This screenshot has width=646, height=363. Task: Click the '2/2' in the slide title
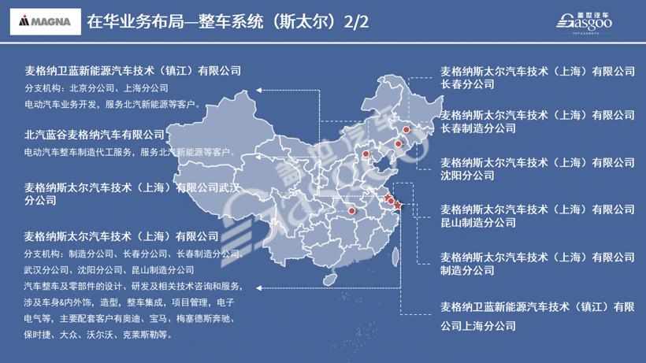coord(357,22)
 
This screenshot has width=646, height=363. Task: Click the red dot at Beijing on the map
coord(366,154)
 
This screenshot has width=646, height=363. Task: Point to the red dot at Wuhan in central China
coord(352,211)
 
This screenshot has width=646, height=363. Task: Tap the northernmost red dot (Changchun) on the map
coord(407,130)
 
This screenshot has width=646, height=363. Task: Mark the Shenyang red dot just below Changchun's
coord(399,144)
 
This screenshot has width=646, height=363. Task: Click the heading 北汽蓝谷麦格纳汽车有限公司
coord(95,135)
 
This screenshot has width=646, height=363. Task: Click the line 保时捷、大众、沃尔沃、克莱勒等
coord(98,335)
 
